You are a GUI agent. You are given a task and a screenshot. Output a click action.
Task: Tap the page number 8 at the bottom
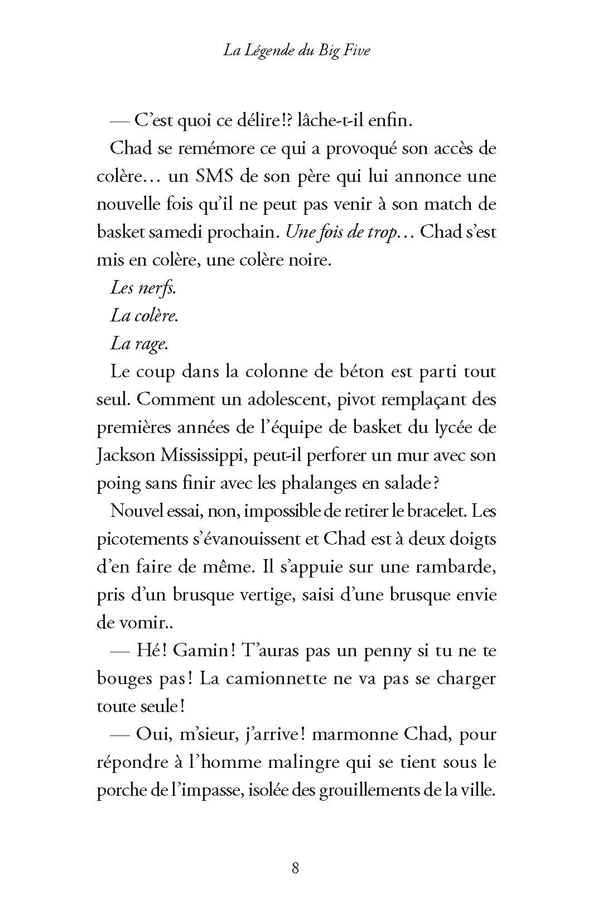click(x=296, y=868)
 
